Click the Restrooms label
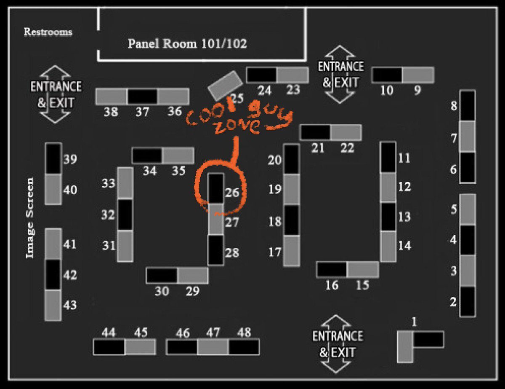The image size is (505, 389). pos(48,32)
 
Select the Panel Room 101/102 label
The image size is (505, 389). pos(187,43)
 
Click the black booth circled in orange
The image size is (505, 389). pos(216,188)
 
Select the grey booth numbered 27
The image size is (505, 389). pos(216,219)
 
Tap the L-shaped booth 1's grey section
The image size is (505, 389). pos(405,347)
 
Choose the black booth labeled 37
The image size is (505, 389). pos(142,96)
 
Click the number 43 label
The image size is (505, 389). pos(70,305)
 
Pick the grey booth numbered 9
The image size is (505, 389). pos(417,75)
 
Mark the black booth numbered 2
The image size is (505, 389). pos(468,301)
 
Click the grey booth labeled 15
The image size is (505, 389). pos(363,269)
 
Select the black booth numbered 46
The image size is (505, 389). pos(182,347)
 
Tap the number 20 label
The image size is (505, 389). pos(275,160)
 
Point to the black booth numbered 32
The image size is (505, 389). pos(125,215)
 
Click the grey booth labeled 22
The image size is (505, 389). pos(346,132)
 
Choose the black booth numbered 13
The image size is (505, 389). pos(388,217)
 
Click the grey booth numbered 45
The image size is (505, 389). pos(140,347)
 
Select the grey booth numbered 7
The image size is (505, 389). pos(468,136)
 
